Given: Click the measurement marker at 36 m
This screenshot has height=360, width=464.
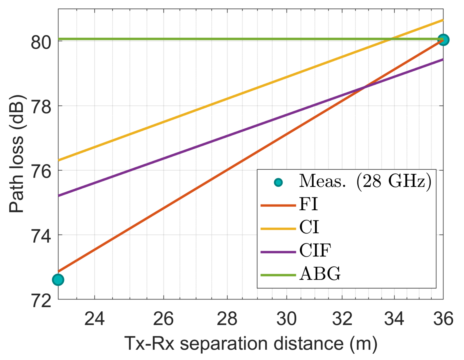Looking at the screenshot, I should coord(443,40).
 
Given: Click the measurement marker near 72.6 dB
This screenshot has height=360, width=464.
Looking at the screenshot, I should coord(58,280).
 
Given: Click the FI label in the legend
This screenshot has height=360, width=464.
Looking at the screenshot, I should coord(308,204).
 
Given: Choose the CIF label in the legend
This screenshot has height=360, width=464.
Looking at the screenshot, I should coord(315,250).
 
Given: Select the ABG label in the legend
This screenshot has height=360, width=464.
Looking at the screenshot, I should coord(320,274).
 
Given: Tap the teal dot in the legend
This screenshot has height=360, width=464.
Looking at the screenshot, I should coord(278,183).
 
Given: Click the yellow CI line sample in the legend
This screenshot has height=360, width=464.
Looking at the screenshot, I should coord(278,229).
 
